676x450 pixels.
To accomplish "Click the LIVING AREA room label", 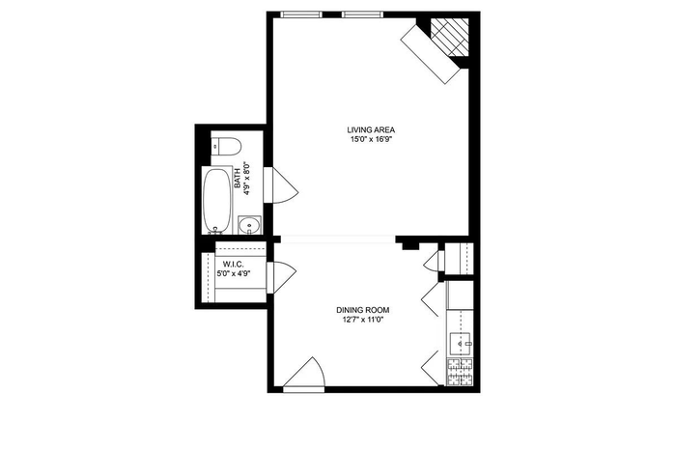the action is click(371, 130).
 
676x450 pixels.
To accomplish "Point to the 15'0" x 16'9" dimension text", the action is click(371, 139).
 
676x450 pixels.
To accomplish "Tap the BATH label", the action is click(238, 181).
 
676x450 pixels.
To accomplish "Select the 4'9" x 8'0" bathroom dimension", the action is click(247, 179).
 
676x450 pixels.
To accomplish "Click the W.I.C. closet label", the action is click(234, 264).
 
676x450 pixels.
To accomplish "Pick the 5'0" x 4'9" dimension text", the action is click(234, 273).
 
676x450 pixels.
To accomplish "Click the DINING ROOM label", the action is click(362, 310).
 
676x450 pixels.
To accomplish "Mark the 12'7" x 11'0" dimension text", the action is click(362, 320).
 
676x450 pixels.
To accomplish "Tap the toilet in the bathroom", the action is click(225, 147).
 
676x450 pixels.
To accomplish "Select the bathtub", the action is click(217, 201).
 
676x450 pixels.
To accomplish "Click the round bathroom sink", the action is click(249, 225).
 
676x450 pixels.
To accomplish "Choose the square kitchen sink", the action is click(461, 344).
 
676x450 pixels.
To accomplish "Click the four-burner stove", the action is click(461, 373).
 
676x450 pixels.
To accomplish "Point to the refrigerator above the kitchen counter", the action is click(460, 295).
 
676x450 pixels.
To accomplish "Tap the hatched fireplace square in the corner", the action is click(450, 37).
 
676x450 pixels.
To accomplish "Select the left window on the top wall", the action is click(301, 14).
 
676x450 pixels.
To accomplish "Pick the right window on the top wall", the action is click(362, 14).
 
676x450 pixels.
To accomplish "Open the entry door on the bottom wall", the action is click(304, 375).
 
